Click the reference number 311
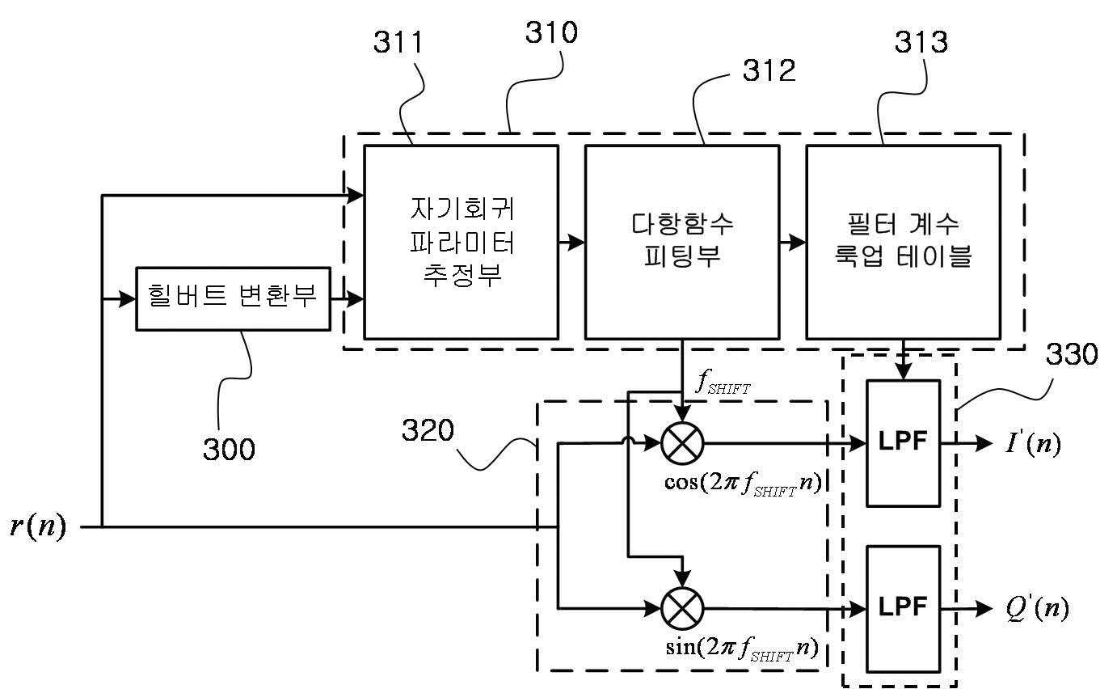tap(398, 42)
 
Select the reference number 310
tap(551, 32)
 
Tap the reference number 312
tap(769, 70)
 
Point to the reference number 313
tap(921, 42)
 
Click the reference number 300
tap(229, 449)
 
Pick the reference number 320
tap(428, 430)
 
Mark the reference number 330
tap(1072, 354)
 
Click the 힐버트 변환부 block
tap(234, 299)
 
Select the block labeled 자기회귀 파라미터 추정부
tap(462, 243)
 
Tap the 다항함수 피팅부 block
tap(682, 243)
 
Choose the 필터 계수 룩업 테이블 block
tap(904, 243)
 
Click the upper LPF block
tap(904, 443)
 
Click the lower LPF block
tap(904, 609)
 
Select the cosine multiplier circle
tap(682, 443)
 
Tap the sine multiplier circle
tap(682, 609)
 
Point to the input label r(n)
tap(38, 526)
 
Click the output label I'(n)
tap(1033, 442)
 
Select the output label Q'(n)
tap(1038, 608)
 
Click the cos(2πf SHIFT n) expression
tap(743, 484)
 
